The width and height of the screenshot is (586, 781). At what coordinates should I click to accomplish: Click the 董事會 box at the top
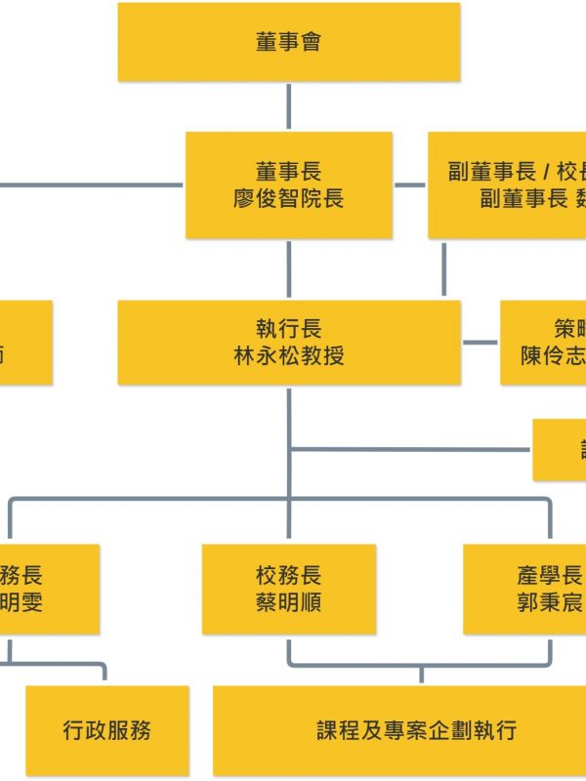[288, 42]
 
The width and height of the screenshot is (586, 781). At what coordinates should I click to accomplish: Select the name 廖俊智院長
[288, 199]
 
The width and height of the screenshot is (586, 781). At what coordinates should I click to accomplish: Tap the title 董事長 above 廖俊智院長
[288, 172]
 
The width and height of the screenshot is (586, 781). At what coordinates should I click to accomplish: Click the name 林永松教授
[288, 355]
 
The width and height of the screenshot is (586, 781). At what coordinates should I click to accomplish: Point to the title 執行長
[288, 329]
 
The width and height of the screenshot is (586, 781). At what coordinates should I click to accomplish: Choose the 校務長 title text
[288, 575]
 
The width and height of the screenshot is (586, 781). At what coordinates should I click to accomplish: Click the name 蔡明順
[288, 602]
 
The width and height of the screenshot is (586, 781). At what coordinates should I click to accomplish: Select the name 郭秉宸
[550, 602]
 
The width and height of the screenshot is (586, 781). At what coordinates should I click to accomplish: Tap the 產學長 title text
[550, 575]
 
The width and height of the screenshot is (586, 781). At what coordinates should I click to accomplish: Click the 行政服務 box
[106, 729]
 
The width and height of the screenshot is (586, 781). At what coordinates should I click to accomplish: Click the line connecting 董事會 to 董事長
[288, 106]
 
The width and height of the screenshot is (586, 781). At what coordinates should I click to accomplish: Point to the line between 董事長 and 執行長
[288, 268]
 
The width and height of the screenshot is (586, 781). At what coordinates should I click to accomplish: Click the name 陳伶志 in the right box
[553, 355]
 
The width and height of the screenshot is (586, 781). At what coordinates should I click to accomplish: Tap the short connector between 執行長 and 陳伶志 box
[480, 342]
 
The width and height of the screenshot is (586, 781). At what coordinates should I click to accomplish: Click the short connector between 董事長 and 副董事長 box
[410, 184]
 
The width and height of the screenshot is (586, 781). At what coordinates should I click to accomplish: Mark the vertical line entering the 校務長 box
[288, 522]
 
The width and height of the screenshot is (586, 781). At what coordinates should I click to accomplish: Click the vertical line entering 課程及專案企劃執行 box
[421, 676]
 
